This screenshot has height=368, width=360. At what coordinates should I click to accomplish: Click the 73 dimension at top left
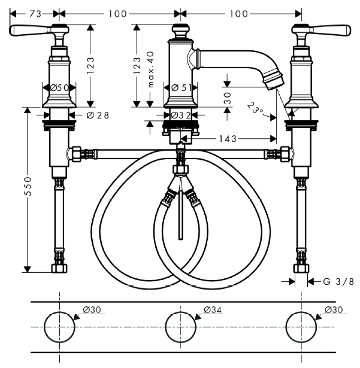coord(35,14)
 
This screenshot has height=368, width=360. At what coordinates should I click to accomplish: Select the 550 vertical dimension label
coord(28,186)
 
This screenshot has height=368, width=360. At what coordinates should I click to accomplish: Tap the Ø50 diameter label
coord(59,88)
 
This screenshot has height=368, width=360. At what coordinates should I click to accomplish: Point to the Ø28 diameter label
coord(98,115)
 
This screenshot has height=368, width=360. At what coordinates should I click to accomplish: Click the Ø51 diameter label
coord(181,88)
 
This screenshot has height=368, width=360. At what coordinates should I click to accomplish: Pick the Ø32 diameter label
coord(181,115)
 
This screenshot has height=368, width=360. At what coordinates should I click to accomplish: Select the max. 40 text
coord(150,69)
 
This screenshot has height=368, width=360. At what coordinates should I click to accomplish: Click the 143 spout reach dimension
coord(228,139)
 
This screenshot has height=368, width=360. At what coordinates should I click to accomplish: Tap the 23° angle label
coord(255,108)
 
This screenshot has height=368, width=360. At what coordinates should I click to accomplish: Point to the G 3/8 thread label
coord(338,281)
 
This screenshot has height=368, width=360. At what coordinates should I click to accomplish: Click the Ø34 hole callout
coord(213,310)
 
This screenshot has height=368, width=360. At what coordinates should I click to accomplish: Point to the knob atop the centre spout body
coord(180,31)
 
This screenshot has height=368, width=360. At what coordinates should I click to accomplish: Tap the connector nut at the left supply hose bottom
coord(59,268)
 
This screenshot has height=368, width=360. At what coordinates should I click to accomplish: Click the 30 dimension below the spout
coord(227,98)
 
